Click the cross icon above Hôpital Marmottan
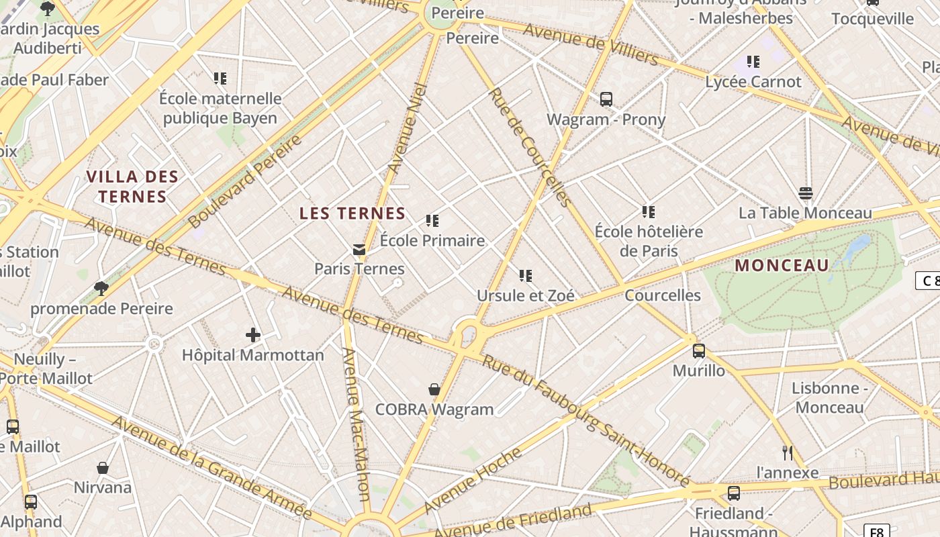point(252,334)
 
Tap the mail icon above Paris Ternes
point(359,250)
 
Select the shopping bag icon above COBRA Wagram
point(434,389)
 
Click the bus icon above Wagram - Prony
point(606,99)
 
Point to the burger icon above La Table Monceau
point(806,193)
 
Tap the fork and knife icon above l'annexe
point(788,453)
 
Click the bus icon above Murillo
point(699,350)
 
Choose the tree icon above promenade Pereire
point(101,289)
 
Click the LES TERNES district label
point(352,213)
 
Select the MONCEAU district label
point(782,265)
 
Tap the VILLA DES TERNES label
point(133,187)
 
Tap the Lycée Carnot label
point(753,82)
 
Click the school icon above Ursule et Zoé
point(525,275)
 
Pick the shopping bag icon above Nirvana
point(103,468)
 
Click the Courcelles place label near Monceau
point(663,295)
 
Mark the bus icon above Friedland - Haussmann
point(734,493)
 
